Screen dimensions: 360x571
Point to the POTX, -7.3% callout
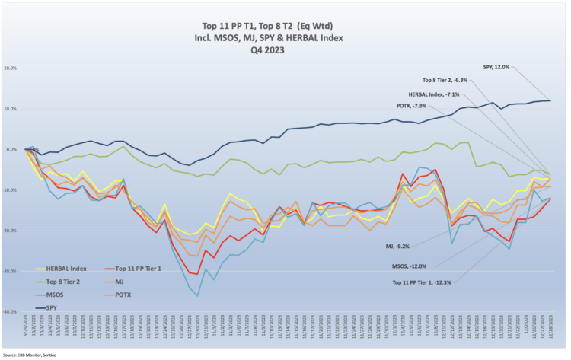pyautogui.click(x=411, y=105)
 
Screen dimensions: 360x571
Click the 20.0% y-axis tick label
pyautogui.click(x=10, y=68)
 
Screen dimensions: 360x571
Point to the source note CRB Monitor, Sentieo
pyautogui.click(x=30, y=355)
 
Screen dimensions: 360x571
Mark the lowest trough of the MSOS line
pyautogui.click(x=198, y=295)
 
